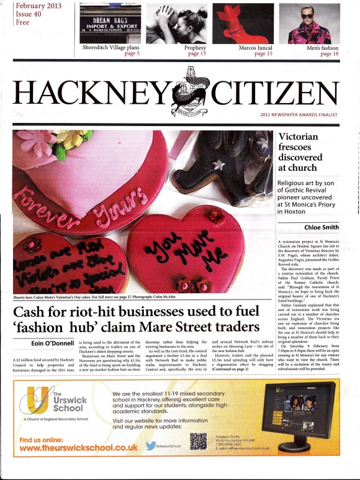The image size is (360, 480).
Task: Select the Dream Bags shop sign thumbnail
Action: pyautogui.click(x=110, y=23)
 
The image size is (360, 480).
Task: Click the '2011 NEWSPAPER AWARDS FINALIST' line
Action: pyautogui.click(x=308, y=115)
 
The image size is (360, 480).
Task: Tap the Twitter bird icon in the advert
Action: pyautogui.click(x=151, y=445)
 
